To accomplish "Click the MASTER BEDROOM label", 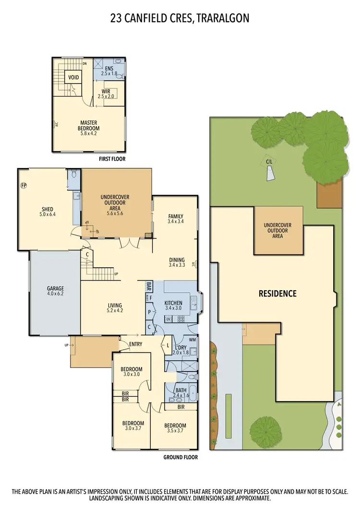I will pos(89,126).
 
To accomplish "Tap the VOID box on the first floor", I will pos(73,77).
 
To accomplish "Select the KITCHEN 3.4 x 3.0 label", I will pos(173,306).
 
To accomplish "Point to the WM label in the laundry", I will pos(192,340).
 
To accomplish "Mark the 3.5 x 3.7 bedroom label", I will pos(175,428).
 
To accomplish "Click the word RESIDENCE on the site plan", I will pos(278,294).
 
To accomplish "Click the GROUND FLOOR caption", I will pos(180,457).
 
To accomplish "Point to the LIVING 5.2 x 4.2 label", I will pos(115,308).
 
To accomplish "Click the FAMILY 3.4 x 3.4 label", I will pos(176,219).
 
